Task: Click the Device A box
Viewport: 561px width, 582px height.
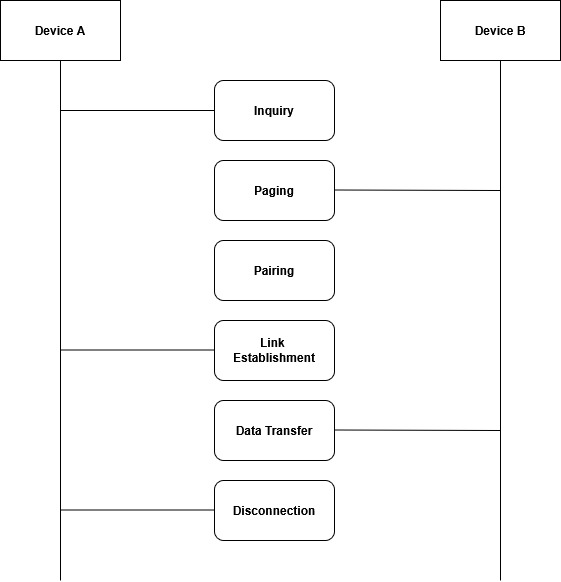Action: pos(61,30)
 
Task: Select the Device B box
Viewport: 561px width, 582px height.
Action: pos(500,30)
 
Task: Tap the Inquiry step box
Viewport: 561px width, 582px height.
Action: pos(274,111)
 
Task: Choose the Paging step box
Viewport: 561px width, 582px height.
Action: pos(274,190)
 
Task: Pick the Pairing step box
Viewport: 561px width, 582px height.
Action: pos(274,271)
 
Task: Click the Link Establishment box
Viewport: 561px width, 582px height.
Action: pos(274,350)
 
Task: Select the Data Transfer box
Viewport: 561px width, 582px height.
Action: pos(274,431)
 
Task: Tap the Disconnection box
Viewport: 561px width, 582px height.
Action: pos(274,510)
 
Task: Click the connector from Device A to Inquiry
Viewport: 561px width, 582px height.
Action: pos(137,110)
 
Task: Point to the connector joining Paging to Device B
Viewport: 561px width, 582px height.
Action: pos(417,190)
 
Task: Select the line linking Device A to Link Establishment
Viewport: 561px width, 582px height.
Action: pos(137,350)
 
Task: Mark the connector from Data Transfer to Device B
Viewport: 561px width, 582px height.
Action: pos(417,430)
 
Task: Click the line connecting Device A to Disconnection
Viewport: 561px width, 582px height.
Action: pos(137,510)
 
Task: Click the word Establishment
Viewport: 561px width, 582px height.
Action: pos(274,358)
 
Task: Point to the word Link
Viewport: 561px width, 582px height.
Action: pos(272,343)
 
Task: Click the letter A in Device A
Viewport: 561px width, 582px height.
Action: pos(81,31)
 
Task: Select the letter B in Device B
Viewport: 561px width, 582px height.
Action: pos(521,31)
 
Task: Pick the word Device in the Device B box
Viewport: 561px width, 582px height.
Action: pos(494,31)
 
